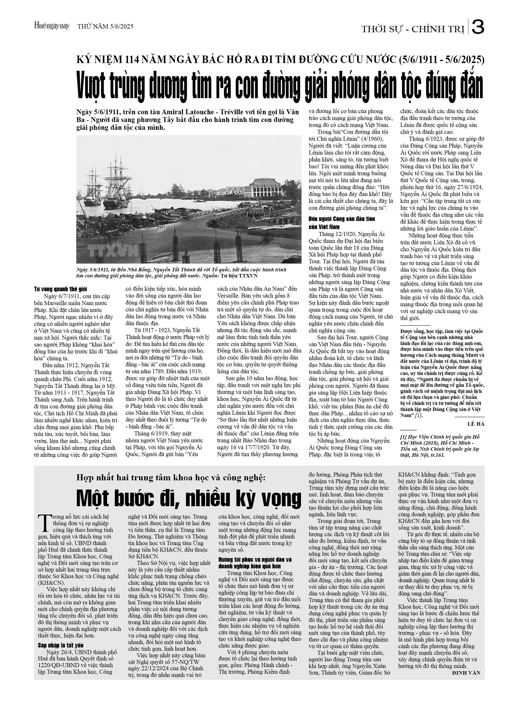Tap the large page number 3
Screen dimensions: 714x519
478,28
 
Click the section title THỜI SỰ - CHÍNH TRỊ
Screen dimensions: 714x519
413,29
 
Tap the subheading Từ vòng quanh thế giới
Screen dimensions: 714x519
60,289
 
